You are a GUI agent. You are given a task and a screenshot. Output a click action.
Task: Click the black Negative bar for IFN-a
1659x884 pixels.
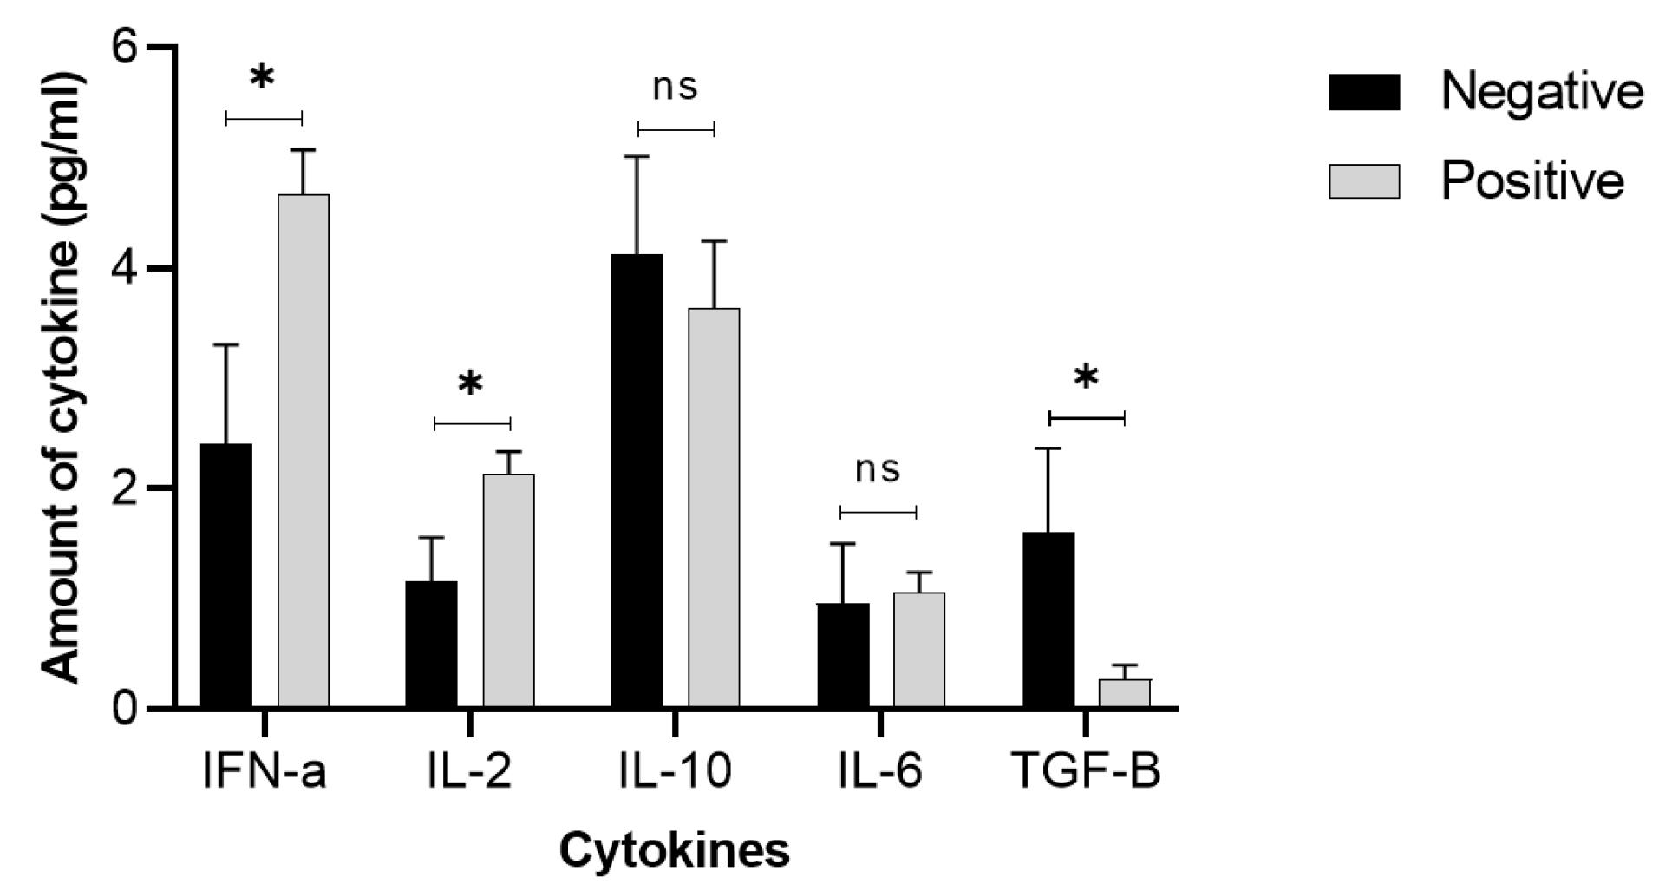[x=225, y=576]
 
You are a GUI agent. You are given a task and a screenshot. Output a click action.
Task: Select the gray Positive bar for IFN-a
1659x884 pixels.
[x=303, y=451]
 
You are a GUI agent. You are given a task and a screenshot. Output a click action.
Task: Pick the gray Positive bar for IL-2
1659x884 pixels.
[x=508, y=591]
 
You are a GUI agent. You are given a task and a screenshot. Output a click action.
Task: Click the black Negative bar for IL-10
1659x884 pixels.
[x=637, y=481]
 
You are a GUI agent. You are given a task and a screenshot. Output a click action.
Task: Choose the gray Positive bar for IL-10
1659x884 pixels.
[x=714, y=507]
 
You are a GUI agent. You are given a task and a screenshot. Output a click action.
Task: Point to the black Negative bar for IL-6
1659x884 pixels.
[x=843, y=656]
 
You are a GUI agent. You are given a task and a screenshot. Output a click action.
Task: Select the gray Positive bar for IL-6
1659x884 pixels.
[x=919, y=650]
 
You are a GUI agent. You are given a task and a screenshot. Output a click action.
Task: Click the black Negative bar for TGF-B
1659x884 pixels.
[x=1048, y=620]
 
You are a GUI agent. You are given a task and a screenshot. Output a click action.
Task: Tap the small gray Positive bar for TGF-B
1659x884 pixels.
[x=1125, y=694]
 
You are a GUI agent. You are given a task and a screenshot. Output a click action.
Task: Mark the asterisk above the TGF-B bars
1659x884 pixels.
[x=1086, y=379]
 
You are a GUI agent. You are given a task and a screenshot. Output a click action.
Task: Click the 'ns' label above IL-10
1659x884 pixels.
[x=675, y=87]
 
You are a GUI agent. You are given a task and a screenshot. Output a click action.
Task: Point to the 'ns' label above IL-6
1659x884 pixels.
[x=878, y=469]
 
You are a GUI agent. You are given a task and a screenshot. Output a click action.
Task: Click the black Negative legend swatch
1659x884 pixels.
[x=1364, y=93]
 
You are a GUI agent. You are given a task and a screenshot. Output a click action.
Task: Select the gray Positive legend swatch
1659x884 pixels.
[x=1364, y=181]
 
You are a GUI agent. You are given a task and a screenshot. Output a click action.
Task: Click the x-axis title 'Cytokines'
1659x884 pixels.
[x=675, y=850]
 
